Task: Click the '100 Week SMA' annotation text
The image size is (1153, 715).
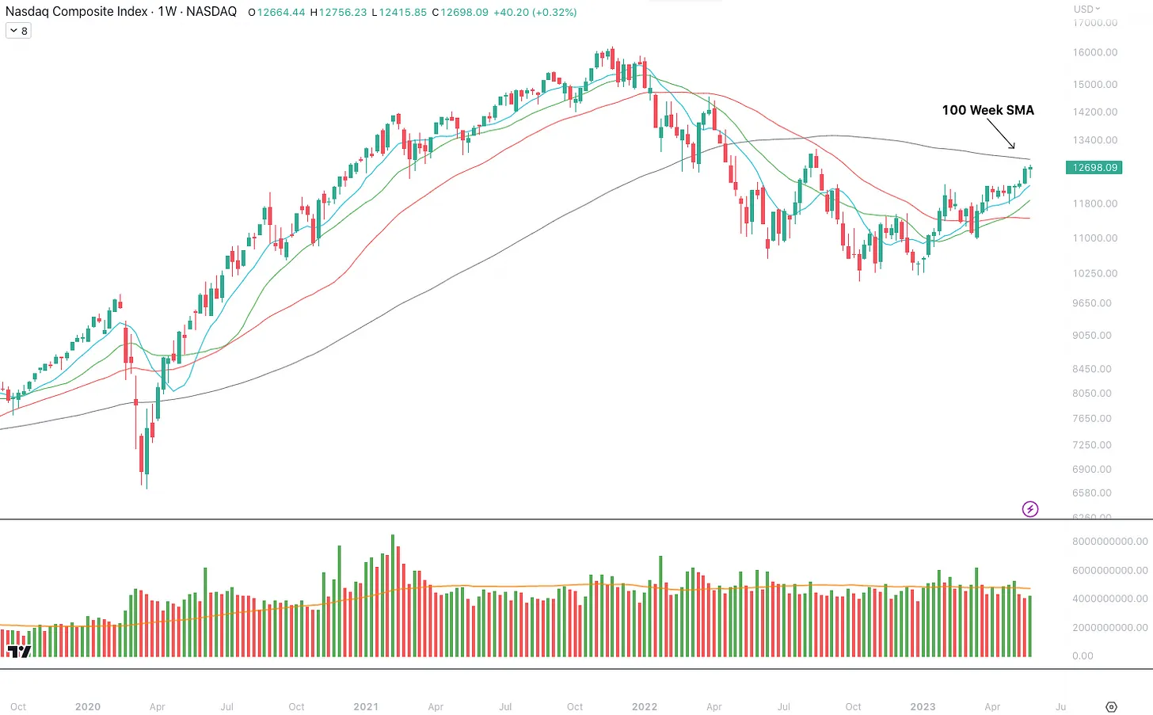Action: pos(987,110)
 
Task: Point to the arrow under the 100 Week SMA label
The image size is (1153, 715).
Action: pos(1001,134)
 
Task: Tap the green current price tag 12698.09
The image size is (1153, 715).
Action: pos(1094,168)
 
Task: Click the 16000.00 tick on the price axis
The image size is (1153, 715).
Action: pos(1095,52)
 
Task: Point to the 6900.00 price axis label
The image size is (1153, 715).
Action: pos(1092,470)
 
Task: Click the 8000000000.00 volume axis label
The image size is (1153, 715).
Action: pos(1109,542)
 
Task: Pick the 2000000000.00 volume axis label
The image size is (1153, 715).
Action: pos(1109,627)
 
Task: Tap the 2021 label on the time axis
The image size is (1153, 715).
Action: pos(366,706)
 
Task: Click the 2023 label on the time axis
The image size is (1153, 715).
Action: pos(923,706)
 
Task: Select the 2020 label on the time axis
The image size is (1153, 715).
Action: pos(88,706)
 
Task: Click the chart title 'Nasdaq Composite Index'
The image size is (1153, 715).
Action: pos(77,12)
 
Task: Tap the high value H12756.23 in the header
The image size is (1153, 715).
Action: pos(338,13)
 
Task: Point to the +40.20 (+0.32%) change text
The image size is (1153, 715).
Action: pos(535,13)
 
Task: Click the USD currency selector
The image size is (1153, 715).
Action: pos(1086,9)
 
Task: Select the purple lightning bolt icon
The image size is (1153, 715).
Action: pos(1030,509)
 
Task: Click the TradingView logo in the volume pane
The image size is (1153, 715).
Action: pos(19,651)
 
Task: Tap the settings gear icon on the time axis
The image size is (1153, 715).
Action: pos(1111,706)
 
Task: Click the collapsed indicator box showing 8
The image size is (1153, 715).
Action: pos(18,31)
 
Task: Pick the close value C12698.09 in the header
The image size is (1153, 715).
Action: pos(460,13)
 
